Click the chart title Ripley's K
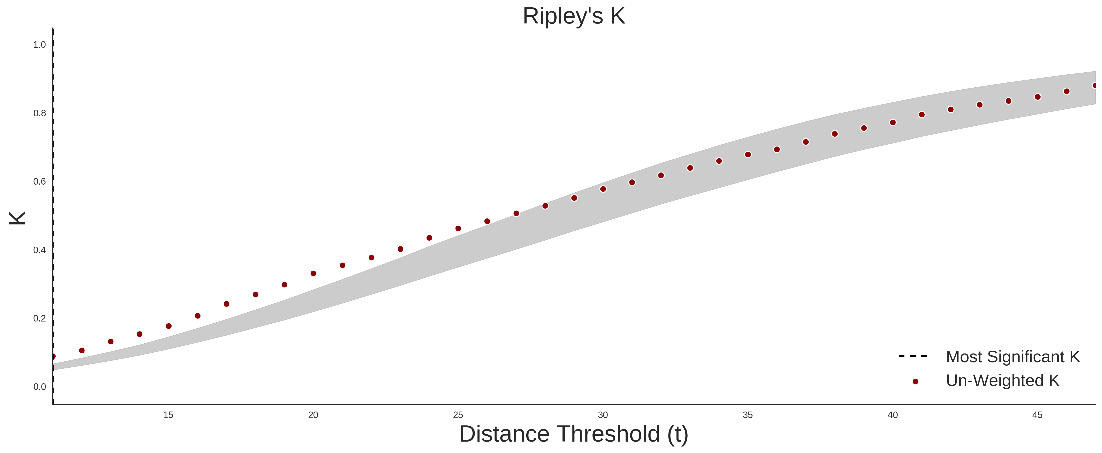coord(574,16)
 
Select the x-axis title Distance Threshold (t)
coord(574,434)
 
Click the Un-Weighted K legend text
coord(1003,380)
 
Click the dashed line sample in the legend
coord(913,356)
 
